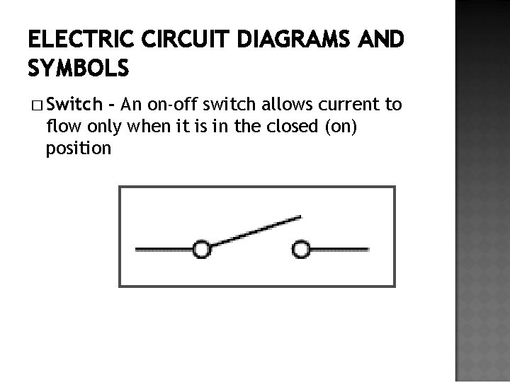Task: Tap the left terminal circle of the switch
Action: click(202, 248)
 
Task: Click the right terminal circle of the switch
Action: click(302, 248)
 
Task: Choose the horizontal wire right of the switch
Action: click(339, 248)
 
